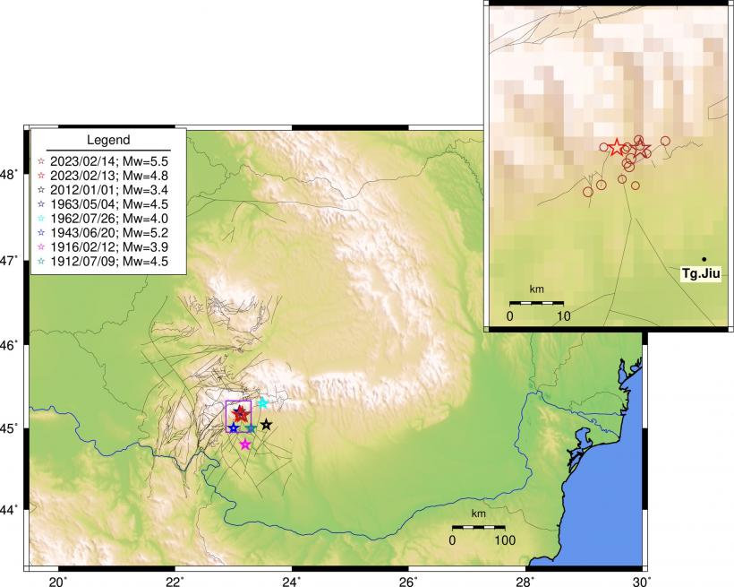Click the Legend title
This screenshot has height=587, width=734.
click(108, 140)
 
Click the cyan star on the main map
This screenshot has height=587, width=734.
click(263, 403)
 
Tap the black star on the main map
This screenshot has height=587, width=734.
click(267, 425)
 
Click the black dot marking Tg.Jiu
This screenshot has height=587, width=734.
click(704, 259)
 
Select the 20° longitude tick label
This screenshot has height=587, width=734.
click(58, 580)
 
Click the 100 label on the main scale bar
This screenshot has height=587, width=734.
click(504, 540)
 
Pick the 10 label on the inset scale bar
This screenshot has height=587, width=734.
click(563, 315)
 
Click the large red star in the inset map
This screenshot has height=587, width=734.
click(616, 147)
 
